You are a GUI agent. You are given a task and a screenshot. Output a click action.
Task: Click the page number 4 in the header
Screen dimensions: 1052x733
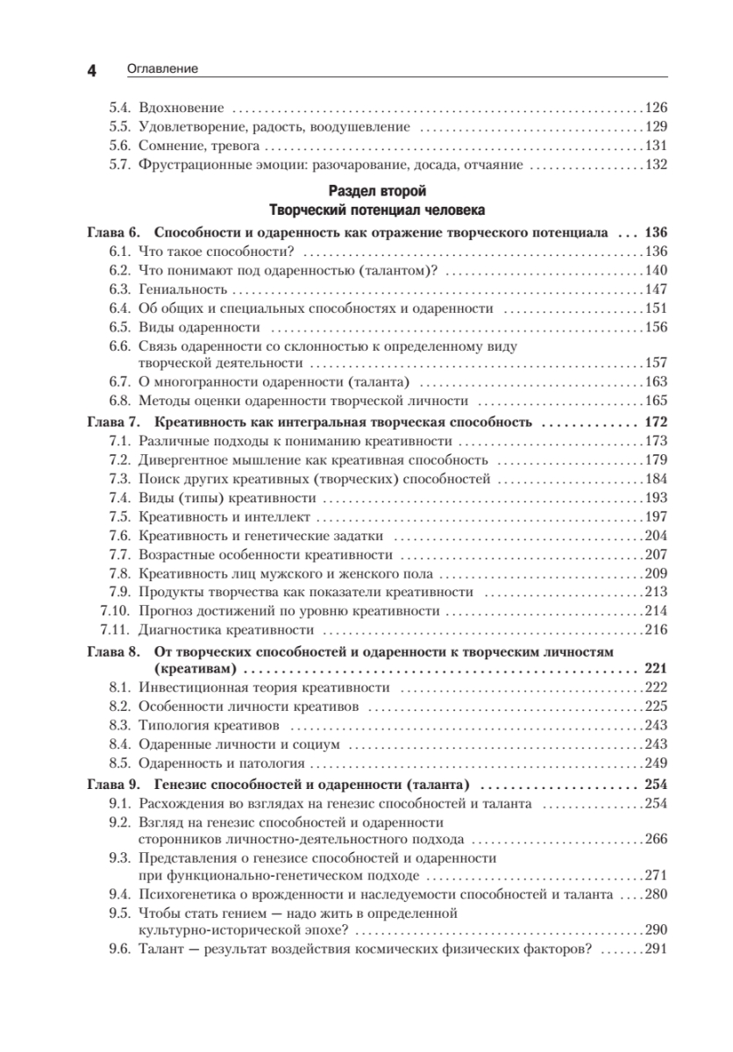90,70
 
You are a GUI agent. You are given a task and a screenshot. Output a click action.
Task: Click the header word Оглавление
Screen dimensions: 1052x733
162,68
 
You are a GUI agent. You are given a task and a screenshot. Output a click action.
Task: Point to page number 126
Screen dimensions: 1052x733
656,109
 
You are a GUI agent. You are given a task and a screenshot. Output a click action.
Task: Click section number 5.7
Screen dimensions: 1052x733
119,164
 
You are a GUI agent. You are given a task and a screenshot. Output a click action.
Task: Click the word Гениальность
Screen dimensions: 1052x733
182,288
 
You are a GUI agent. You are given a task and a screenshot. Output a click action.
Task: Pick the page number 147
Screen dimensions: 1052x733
656,288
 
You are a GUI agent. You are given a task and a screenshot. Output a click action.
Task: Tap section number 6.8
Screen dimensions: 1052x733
119,401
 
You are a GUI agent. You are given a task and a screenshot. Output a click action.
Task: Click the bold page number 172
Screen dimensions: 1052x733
656,422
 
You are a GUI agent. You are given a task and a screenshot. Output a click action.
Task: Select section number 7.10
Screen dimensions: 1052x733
116,611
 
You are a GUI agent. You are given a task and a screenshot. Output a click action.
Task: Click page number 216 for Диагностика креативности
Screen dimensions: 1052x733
656,629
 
